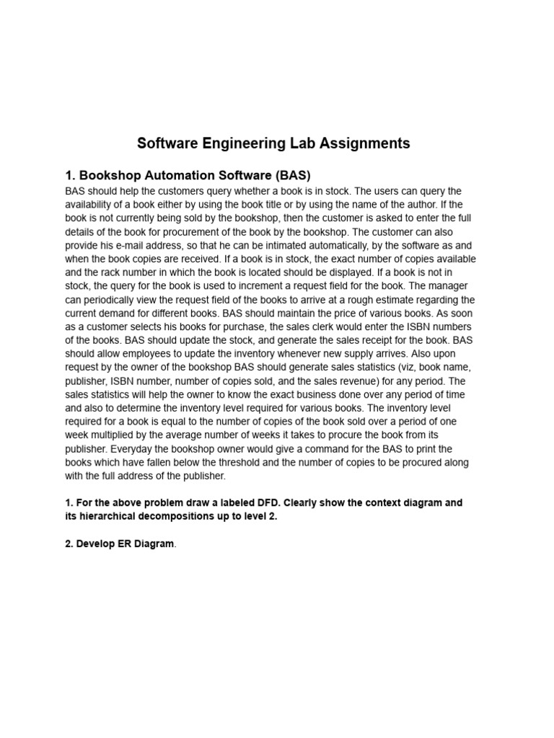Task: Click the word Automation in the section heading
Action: [x=176, y=175]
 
